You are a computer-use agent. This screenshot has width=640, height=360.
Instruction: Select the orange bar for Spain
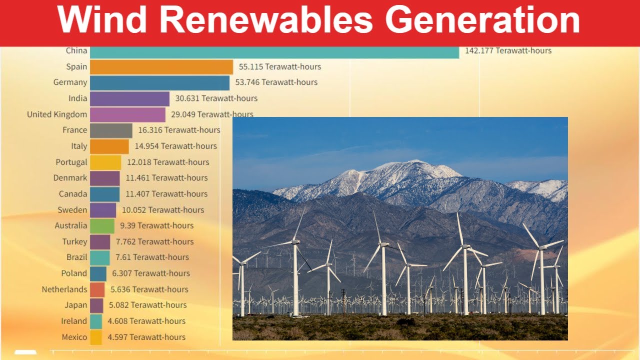tap(161, 67)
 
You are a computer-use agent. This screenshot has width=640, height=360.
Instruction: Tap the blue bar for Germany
tap(159, 82)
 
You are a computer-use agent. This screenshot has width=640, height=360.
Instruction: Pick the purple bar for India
tap(129, 98)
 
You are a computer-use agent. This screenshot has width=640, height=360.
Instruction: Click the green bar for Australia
tap(102, 225)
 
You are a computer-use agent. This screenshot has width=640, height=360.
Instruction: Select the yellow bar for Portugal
tap(105, 162)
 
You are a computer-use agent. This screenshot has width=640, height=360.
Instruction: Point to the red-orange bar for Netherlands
tap(97, 289)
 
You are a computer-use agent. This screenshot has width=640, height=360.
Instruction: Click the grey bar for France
tap(111, 130)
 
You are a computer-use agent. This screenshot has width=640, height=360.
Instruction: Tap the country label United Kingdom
tap(57, 114)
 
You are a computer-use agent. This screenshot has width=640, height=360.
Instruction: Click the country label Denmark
tap(70, 178)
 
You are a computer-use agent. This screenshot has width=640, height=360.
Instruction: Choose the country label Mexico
tap(74, 337)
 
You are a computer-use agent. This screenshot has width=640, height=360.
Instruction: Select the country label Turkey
tap(75, 241)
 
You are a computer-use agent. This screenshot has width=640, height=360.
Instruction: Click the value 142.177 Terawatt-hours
tap(508, 50)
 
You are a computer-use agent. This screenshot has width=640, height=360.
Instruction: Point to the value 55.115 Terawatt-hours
tap(280, 66)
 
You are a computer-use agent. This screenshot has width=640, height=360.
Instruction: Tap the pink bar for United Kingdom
tap(127, 114)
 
